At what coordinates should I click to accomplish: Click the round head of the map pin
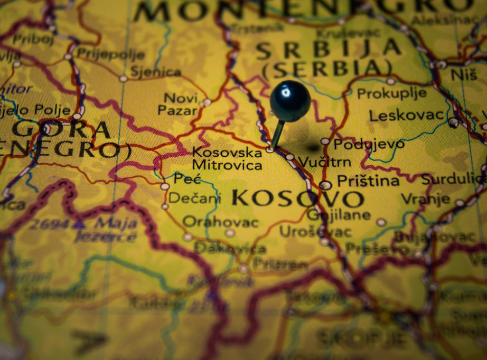[x=290, y=100]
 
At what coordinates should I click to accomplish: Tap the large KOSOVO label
[x=297, y=199]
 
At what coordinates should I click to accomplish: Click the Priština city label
[x=368, y=181]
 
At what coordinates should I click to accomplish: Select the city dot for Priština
[x=325, y=185]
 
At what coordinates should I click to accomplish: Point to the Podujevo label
[x=369, y=144]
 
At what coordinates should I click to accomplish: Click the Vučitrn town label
[x=324, y=162]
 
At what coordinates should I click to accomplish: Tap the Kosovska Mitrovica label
[x=227, y=159]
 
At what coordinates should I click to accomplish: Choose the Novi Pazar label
[x=180, y=104]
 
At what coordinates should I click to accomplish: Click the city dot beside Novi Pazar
[x=207, y=102]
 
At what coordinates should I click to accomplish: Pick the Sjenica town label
[x=155, y=72]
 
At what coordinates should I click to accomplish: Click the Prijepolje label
[x=110, y=53]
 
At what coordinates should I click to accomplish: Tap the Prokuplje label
[x=391, y=93]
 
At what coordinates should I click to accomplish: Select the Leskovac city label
[x=406, y=115]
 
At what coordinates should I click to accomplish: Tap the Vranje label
[x=425, y=199]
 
